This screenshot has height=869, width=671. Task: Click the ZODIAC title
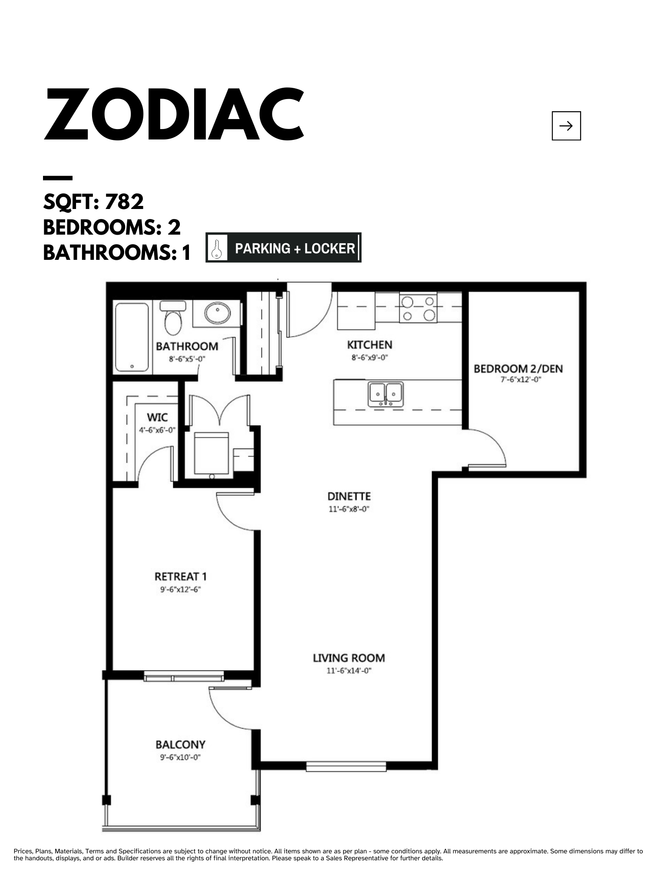click(x=174, y=114)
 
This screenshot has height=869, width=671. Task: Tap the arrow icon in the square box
click(x=566, y=126)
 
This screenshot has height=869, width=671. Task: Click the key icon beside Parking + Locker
click(x=216, y=248)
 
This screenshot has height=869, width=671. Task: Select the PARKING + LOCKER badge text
click(x=295, y=249)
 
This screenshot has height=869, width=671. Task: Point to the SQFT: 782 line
click(x=93, y=202)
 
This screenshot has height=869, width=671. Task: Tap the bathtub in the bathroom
click(x=132, y=337)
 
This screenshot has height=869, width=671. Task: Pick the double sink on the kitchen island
click(x=386, y=394)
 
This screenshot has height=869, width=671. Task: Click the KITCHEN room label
click(x=370, y=345)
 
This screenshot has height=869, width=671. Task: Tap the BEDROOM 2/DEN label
click(x=518, y=369)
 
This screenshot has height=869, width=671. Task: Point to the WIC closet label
click(x=157, y=418)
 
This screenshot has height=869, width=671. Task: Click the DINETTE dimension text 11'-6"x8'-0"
click(x=349, y=509)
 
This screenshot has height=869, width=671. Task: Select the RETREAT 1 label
click(x=181, y=577)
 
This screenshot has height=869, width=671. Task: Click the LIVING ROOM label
click(x=349, y=658)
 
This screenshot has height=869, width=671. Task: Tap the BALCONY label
click(x=180, y=745)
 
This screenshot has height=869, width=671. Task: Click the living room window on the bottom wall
click(x=346, y=767)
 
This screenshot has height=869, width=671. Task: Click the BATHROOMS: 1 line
click(x=117, y=252)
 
